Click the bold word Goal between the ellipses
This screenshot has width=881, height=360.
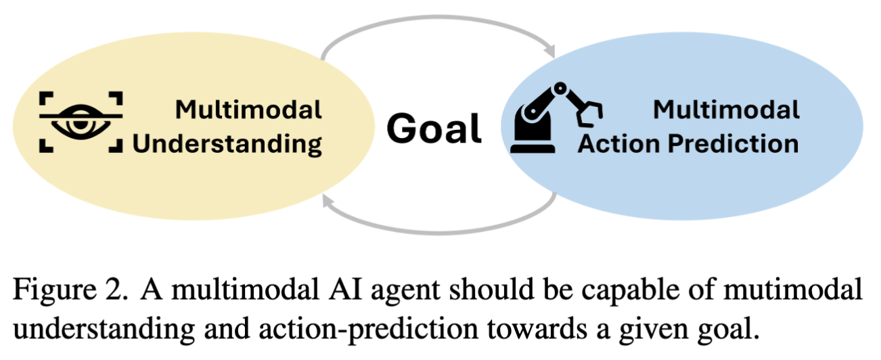click(434, 129)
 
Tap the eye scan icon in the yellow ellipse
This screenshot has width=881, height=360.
click(81, 122)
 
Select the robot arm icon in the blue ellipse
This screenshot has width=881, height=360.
click(556, 117)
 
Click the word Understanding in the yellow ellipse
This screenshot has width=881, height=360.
click(227, 144)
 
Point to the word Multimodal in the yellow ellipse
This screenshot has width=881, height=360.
click(248, 110)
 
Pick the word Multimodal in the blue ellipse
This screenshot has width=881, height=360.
click(727, 110)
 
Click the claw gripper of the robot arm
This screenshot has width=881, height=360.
click(589, 113)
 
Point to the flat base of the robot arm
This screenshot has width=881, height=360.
click(533, 149)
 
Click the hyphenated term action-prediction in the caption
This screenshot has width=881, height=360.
click(369, 330)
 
